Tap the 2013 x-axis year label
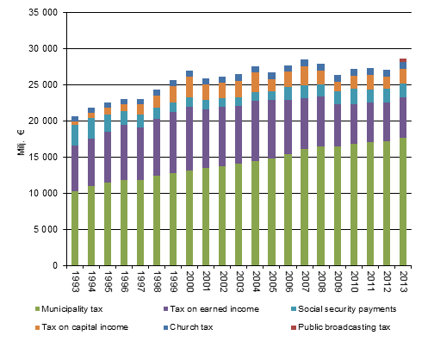click(x=402, y=282)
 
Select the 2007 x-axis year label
click(x=304, y=282)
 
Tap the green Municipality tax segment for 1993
click(x=75, y=228)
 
